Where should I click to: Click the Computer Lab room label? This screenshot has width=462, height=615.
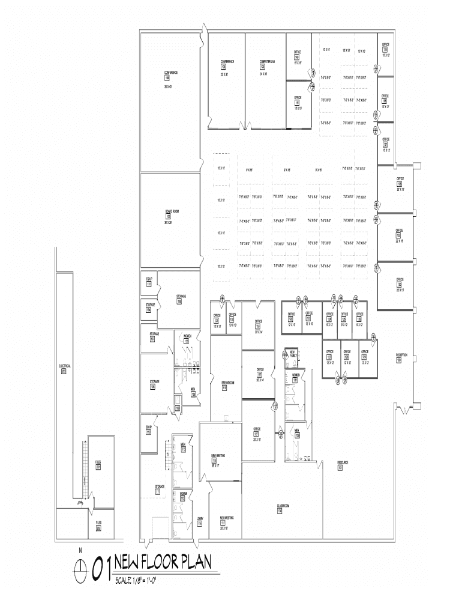coord(267,62)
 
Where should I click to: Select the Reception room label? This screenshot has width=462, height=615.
coord(401,355)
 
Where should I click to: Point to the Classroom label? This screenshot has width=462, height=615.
coord(283,506)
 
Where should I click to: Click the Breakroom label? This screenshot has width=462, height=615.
coord(228,383)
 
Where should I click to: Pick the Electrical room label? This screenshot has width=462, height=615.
coord(65,366)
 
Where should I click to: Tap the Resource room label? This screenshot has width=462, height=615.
coord(343,462)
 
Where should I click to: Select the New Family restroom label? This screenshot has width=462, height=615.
coord(292,353)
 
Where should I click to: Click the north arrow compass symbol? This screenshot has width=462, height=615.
coord(79,566)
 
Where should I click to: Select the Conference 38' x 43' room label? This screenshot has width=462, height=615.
coord(171,73)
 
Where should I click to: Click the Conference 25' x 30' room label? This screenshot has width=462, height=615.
coord(227,62)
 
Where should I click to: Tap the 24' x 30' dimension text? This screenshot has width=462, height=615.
coord(267,74)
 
